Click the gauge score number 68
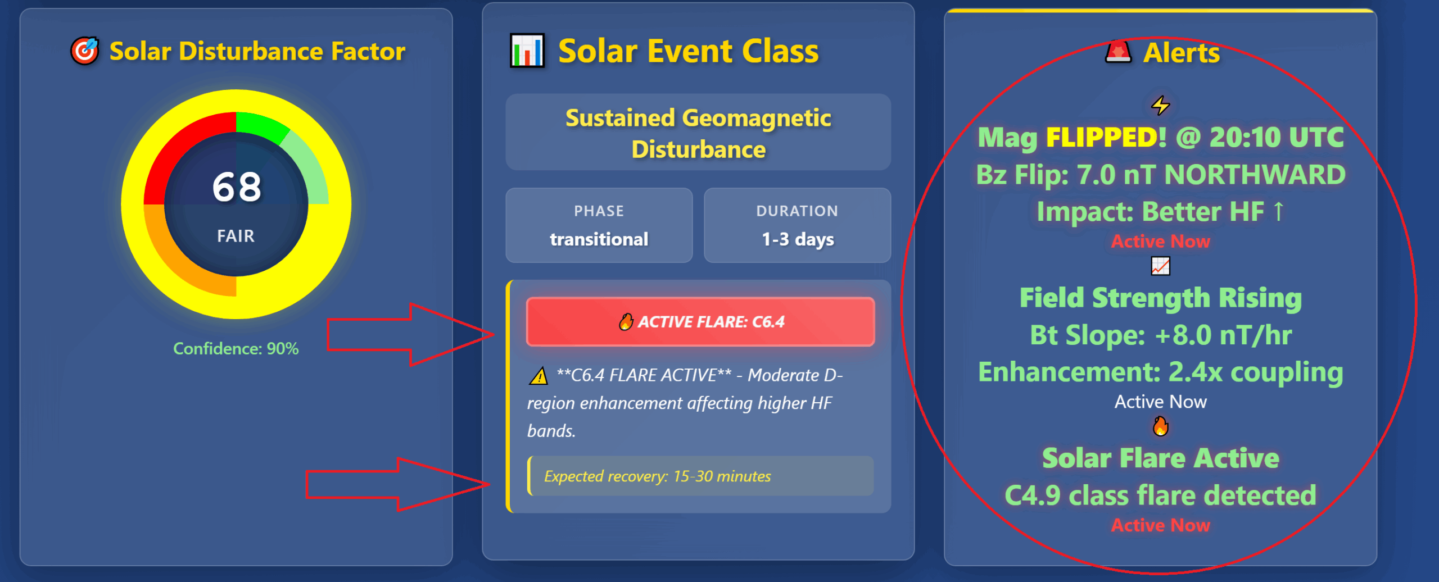pyautogui.click(x=237, y=187)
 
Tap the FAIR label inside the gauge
pyautogui.click(x=236, y=236)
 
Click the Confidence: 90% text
pyautogui.click(x=236, y=349)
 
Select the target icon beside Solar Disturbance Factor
pyautogui.click(x=84, y=51)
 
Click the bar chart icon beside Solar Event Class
pyautogui.click(x=527, y=51)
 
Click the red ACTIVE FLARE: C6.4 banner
pyautogui.click(x=700, y=321)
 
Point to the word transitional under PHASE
pyautogui.click(x=599, y=239)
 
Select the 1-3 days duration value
pyautogui.click(x=798, y=239)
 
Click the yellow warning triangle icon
pyautogui.click(x=539, y=375)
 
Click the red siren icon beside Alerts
pyautogui.click(x=1118, y=52)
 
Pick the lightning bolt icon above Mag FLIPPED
pyautogui.click(x=1160, y=105)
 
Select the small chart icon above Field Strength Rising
pyautogui.click(x=1160, y=266)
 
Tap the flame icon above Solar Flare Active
pyautogui.click(x=1160, y=426)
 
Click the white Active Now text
pyautogui.click(x=1160, y=402)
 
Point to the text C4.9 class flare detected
pyautogui.click(x=1160, y=495)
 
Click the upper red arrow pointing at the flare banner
pyautogui.click(x=411, y=335)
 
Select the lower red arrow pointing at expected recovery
pyautogui.click(x=398, y=484)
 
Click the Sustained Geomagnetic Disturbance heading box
pyautogui.click(x=698, y=133)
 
